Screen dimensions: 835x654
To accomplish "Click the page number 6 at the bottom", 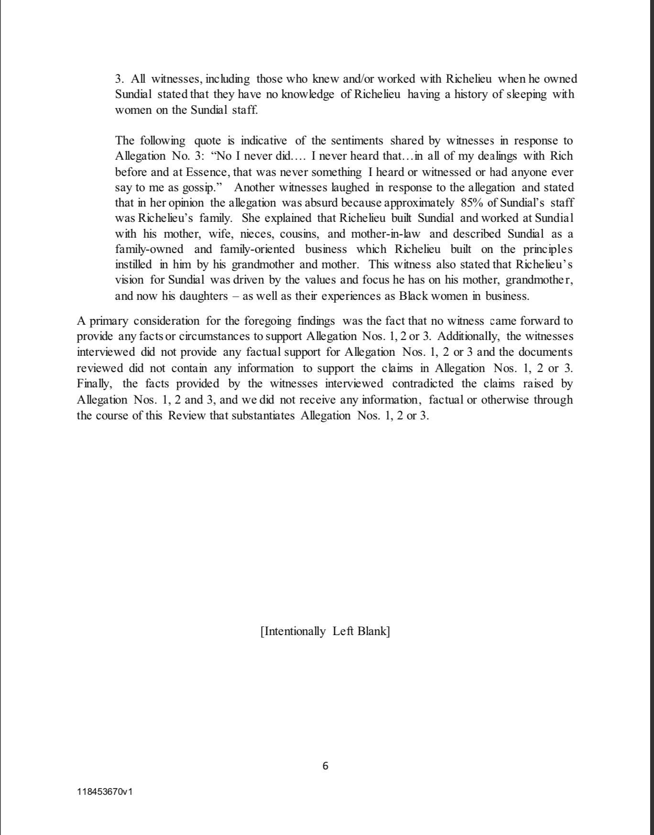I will [326, 766].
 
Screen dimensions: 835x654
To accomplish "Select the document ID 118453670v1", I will [105, 791].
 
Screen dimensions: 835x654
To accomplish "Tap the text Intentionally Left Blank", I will [325, 631].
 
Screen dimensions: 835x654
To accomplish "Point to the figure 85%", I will [472, 202].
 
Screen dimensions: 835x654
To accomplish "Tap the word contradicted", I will [423, 384].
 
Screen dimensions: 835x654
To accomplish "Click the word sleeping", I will [525, 94].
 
